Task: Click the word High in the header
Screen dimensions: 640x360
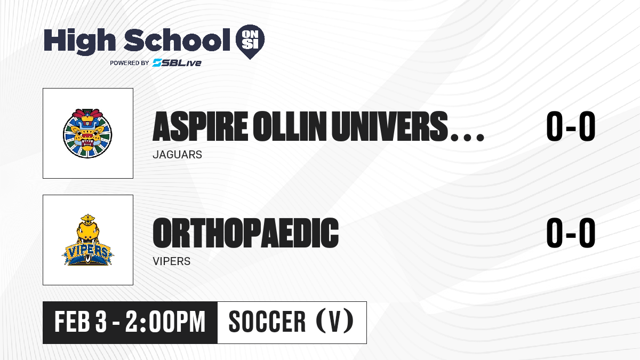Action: click(80, 41)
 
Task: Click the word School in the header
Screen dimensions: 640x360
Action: click(177, 40)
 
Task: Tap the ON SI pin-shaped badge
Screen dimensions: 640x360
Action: click(250, 42)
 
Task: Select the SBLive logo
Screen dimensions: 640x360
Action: click(177, 63)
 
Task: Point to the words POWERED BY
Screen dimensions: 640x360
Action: click(130, 63)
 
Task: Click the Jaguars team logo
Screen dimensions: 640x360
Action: click(87, 133)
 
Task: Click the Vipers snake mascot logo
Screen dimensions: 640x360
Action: click(87, 239)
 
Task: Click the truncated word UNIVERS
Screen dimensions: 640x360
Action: click(389, 126)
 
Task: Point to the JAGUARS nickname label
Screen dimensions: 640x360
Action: click(178, 155)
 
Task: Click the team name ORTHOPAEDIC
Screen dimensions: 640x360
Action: click(246, 233)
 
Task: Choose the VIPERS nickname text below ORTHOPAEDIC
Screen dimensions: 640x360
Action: click(171, 261)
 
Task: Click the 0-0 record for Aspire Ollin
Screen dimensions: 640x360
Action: click(571, 126)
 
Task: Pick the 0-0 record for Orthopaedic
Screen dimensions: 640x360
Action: click(571, 233)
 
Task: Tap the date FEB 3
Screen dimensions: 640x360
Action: click(81, 322)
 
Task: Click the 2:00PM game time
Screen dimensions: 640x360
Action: click(165, 322)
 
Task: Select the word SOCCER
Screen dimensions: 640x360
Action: click(267, 322)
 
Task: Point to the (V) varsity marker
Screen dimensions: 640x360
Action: click(335, 321)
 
